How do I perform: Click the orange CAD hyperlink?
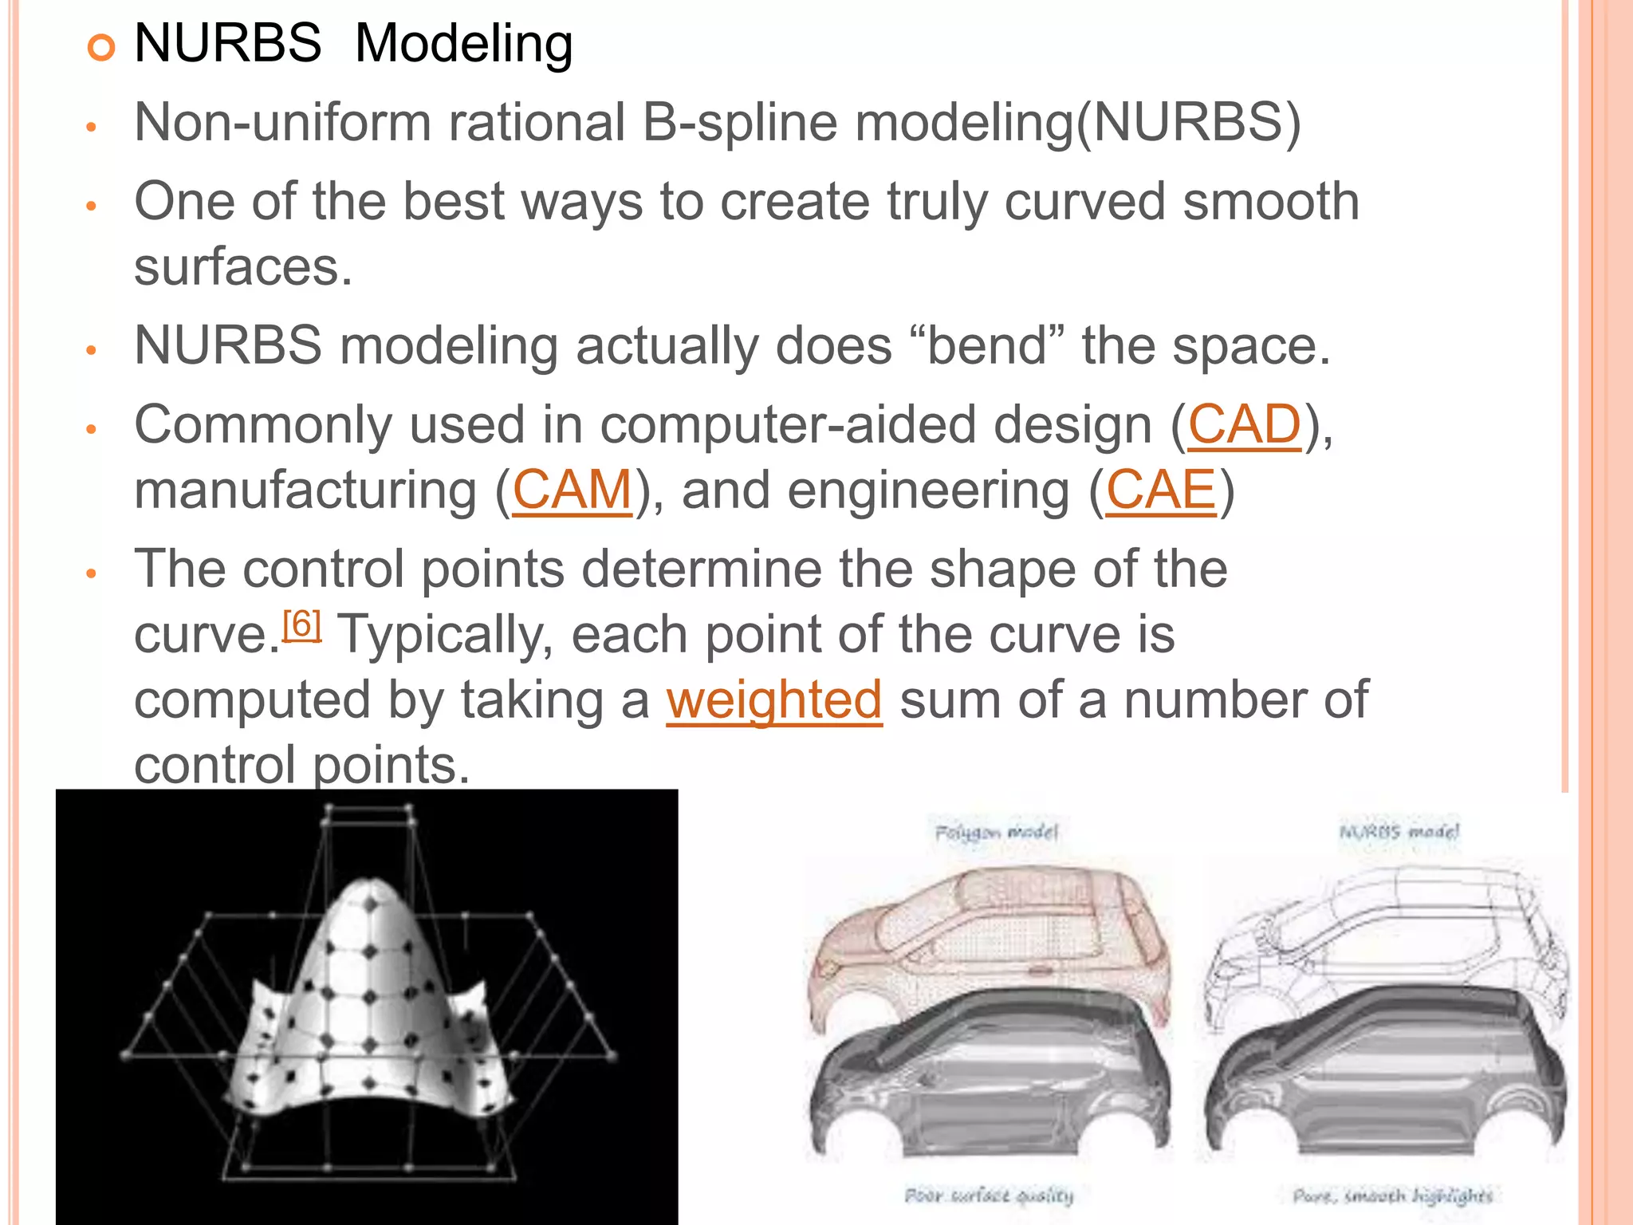pyautogui.click(x=1244, y=424)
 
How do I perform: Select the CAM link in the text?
pyautogui.click(x=572, y=490)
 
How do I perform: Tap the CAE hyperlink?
pyautogui.click(x=1161, y=490)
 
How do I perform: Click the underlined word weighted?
pyautogui.click(x=773, y=699)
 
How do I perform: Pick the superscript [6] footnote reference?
pyautogui.click(x=301, y=624)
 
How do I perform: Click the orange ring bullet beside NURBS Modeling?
pyautogui.click(x=100, y=48)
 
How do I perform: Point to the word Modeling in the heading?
pyautogui.click(x=463, y=43)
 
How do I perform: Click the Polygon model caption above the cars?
pyautogui.click(x=996, y=833)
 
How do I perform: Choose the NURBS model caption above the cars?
pyautogui.click(x=1399, y=832)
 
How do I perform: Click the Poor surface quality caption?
pyautogui.click(x=989, y=1195)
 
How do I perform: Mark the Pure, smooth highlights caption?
pyautogui.click(x=1392, y=1195)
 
